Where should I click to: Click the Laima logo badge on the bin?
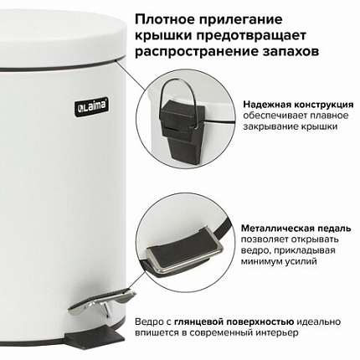[91, 106]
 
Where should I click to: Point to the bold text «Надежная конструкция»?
[298, 105]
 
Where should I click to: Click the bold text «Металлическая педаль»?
[296, 229]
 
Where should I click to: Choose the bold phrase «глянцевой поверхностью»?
[234, 321]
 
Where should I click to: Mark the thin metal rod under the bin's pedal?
[107, 310]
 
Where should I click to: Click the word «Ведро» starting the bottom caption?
[150, 321]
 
